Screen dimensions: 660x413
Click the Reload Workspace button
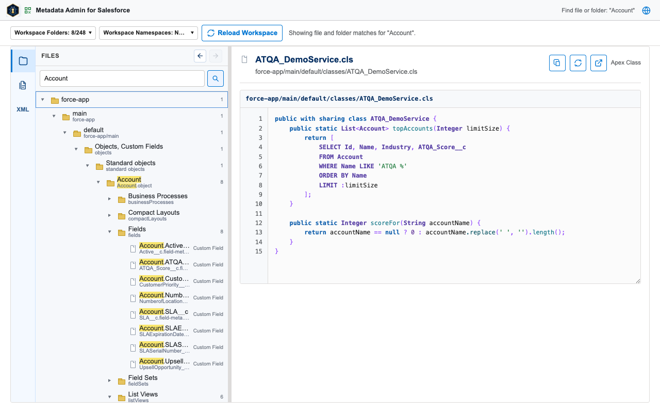click(x=242, y=33)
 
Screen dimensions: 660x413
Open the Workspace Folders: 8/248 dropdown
click(x=53, y=33)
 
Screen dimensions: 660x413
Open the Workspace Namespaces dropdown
click(x=148, y=33)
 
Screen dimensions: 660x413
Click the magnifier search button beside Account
click(x=216, y=78)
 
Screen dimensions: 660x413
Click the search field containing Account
click(x=122, y=78)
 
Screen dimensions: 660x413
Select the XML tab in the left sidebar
click(x=23, y=109)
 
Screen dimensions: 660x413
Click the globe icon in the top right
click(x=646, y=10)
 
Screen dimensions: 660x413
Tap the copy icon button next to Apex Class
click(x=557, y=63)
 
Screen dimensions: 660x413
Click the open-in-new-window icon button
click(x=599, y=63)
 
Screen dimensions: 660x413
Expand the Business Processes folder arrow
click(x=109, y=199)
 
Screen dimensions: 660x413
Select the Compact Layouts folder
click(x=154, y=215)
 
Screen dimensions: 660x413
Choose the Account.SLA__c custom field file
click(x=163, y=314)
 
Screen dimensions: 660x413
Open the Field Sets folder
click(x=143, y=380)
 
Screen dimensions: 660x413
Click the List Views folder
click(x=143, y=397)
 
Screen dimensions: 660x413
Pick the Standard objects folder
click(x=130, y=166)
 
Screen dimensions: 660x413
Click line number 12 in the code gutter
click(x=258, y=223)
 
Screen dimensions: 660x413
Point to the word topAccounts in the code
click(x=412, y=129)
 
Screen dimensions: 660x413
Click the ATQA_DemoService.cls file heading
click(x=304, y=59)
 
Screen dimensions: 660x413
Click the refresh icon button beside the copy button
click(x=578, y=63)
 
